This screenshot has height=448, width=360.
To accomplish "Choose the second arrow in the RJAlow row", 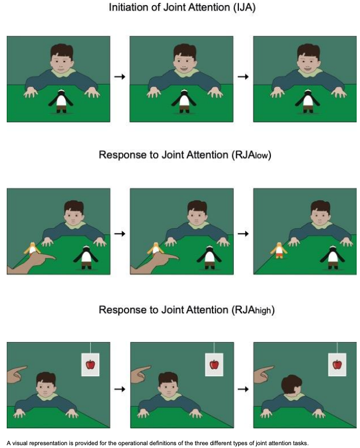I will [243, 232].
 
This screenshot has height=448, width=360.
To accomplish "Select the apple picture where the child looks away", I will [336, 364].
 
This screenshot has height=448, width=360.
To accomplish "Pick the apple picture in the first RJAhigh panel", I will [90, 364].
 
